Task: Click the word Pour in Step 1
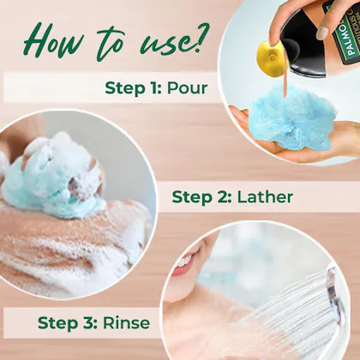pyautogui.click(x=187, y=87)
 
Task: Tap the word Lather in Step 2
pyautogui.click(x=265, y=197)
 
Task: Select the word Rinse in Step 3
pyautogui.click(x=126, y=323)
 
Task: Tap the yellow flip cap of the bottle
pyautogui.click(x=270, y=58)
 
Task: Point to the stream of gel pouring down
pyautogui.click(x=285, y=82)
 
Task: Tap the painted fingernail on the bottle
pyautogui.click(x=323, y=33)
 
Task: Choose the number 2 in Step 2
pyautogui.click(x=223, y=197)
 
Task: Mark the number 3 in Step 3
pyautogui.click(x=88, y=323)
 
